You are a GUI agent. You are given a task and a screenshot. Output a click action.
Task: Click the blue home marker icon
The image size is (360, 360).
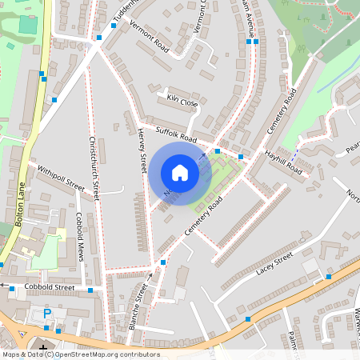point(180,173)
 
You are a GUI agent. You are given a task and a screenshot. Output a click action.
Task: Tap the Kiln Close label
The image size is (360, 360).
point(182,102)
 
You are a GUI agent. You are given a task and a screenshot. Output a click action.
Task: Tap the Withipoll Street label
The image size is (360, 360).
point(60,178)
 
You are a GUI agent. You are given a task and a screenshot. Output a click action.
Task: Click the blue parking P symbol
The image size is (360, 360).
point(47,313)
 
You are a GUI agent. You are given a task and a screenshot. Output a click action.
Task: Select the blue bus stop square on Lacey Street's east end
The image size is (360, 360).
point(328,277)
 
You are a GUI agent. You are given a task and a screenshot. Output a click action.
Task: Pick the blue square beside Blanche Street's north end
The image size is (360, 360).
point(163,262)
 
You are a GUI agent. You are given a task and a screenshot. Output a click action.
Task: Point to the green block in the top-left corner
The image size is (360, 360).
point(28,24)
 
